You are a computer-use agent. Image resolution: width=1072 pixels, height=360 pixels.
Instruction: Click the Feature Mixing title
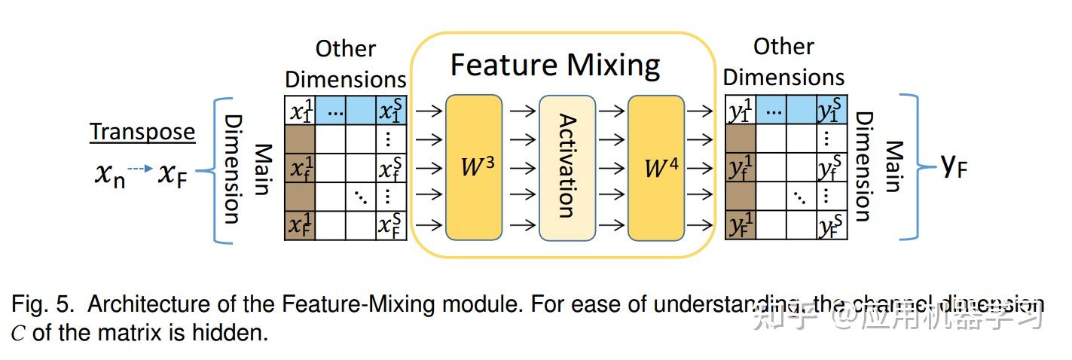(x=555, y=65)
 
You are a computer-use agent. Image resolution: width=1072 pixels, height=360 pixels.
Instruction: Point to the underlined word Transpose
(x=142, y=132)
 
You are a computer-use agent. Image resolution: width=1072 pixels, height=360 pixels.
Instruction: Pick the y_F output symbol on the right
(x=954, y=166)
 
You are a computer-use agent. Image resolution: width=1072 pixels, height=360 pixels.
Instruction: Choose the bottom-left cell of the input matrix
(x=300, y=225)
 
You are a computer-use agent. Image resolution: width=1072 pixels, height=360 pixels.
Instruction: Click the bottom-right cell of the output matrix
(x=832, y=225)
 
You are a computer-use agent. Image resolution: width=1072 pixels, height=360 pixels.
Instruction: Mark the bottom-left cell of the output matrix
(x=740, y=225)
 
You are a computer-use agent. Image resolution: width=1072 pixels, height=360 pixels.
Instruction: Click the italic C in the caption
(x=18, y=332)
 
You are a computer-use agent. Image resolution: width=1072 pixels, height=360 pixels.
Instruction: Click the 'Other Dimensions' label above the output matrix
(x=783, y=62)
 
